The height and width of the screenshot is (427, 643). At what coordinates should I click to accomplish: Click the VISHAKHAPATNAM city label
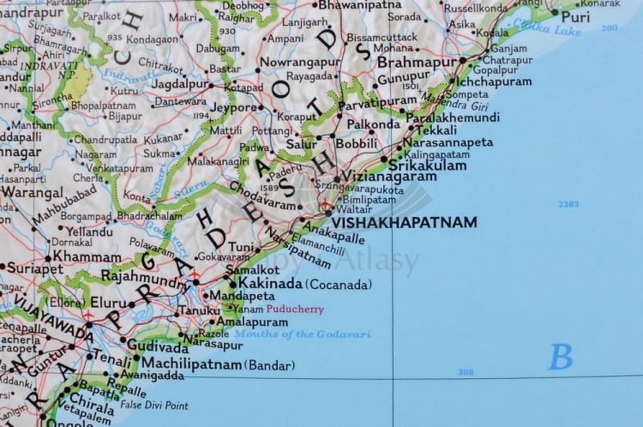[x=404, y=222]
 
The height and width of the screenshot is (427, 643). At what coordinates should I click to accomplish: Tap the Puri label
[x=575, y=16]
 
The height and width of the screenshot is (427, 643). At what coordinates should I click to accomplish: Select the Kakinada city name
[x=270, y=283]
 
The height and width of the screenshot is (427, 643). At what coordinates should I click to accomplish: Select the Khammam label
[x=87, y=256]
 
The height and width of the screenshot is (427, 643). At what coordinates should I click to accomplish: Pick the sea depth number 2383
[x=568, y=204]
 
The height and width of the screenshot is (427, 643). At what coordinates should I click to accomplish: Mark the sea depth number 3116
[x=466, y=371]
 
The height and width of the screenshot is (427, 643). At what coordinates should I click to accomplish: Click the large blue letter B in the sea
[x=560, y=356]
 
